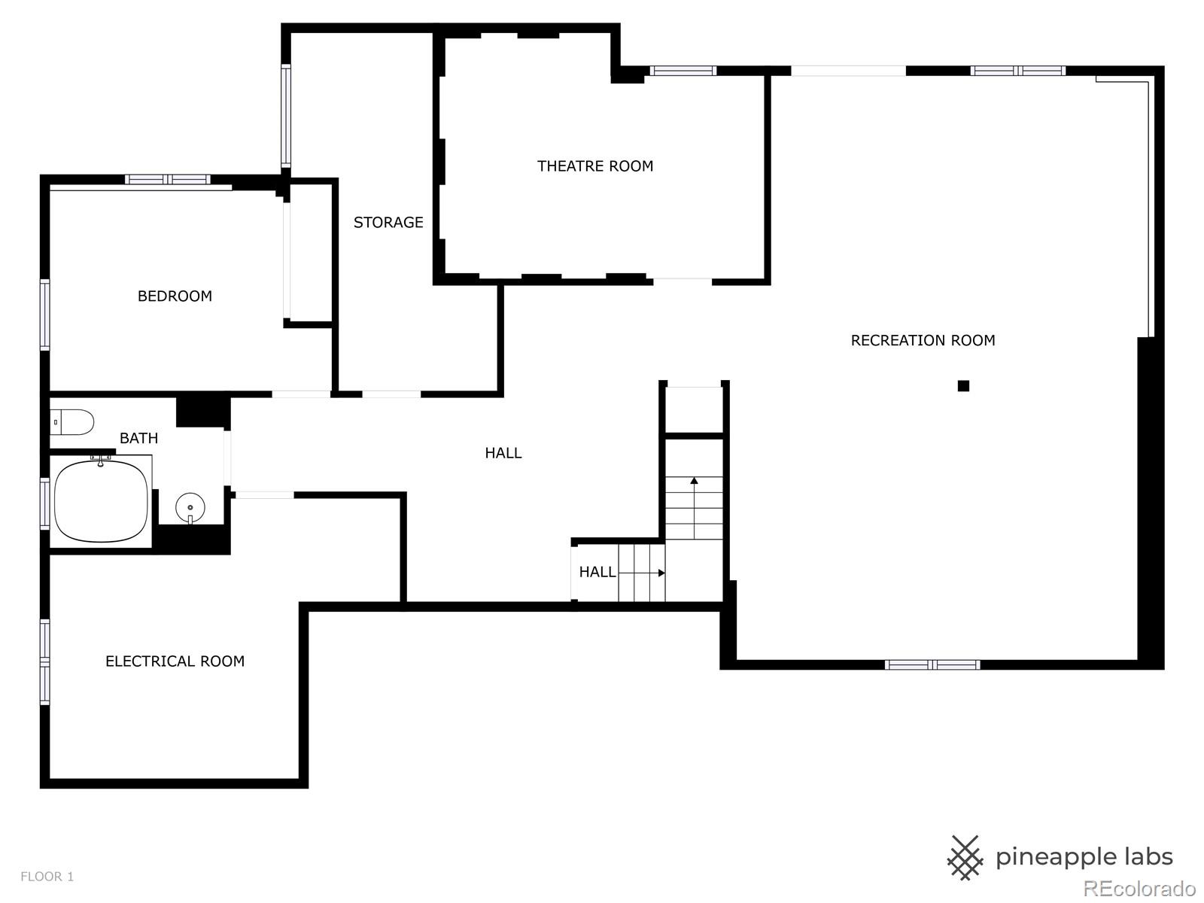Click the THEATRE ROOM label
(x=595, y=166)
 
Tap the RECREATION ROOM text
(x=923, y=340)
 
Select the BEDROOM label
(x=175, y=296)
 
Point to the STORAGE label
(x=388, y=223)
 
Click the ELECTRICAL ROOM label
(x=175, y=661)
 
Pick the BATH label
(x=138, y=438)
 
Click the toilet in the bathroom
(x=72, y=422)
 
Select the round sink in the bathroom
(x=190, y=508)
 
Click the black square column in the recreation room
(x=963, y=386)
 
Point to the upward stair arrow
(x=694, y=508)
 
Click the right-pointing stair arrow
(x=642, y=573)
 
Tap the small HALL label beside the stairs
(x=597, y=573)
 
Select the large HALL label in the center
(x=503, y=453)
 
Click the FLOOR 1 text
(x=47, y=876)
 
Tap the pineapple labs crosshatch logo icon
(x=965, y=858)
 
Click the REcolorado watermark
(x=1139, y=888)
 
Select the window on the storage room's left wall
(x=286, y=115)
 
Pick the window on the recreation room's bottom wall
(x=932, y=665)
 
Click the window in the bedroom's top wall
(x=167, y=179)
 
